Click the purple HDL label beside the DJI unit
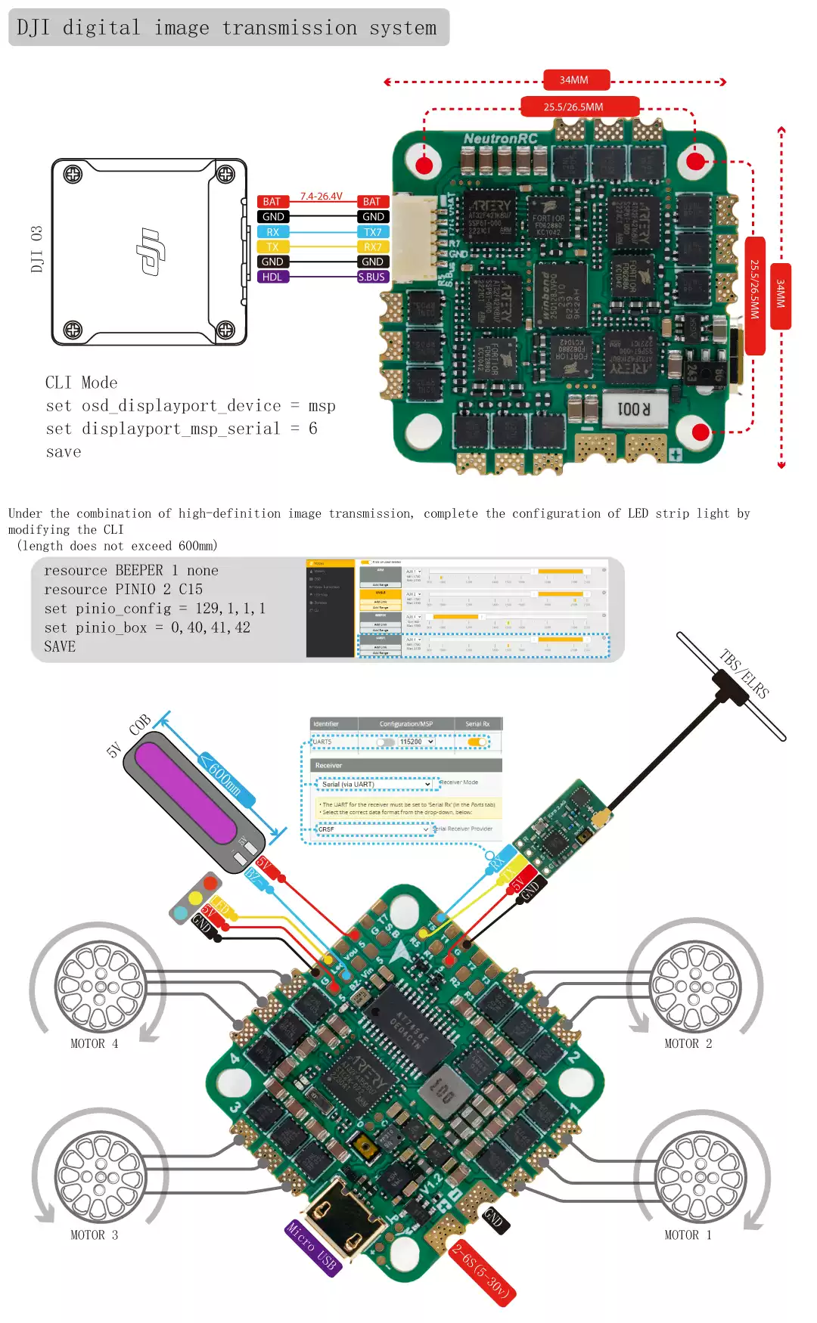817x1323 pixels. [272, 277]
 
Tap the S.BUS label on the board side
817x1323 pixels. [372, 277]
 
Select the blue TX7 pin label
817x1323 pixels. [372, 232]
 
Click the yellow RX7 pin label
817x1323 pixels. [372, 246]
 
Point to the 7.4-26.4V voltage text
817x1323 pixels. [321, 196]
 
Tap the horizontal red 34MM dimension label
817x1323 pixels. [574, 80]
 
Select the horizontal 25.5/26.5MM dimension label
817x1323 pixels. [573, 107]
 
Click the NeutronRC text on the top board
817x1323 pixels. [500, 138]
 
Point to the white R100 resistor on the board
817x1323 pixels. [634, 409]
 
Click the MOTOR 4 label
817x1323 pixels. [94, 1043]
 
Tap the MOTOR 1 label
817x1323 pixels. [688, 1235]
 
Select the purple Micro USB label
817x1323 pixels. [312, 1248]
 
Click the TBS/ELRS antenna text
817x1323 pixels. [744, 673]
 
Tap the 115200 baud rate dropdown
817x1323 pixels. [417, 742]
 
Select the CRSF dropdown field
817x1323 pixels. [373, 829]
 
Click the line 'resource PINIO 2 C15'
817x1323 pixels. [123, 589]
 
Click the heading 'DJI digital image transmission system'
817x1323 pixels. [227, 28]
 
